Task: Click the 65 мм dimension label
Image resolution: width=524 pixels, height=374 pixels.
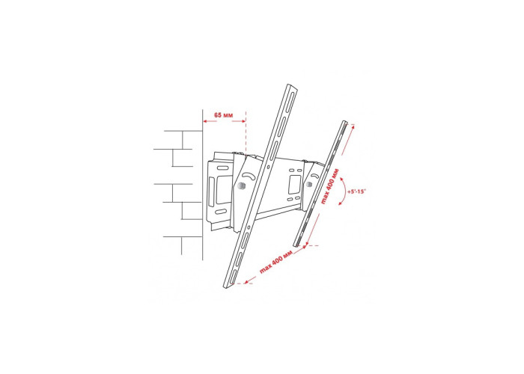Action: pos(223,115)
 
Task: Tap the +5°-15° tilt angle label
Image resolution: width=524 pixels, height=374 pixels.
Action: pos(356,191)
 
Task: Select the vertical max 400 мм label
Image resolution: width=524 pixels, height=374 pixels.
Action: pos(329,186)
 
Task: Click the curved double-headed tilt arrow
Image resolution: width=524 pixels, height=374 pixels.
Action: pos(345,191)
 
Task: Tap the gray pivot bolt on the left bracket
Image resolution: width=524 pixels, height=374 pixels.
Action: pos(242,186)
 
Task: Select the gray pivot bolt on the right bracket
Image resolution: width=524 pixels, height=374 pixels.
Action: pos(309,184)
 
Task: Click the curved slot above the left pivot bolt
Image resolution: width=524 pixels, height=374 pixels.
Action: pos(248,175)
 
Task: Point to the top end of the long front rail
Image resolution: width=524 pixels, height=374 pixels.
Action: pos(292,87)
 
